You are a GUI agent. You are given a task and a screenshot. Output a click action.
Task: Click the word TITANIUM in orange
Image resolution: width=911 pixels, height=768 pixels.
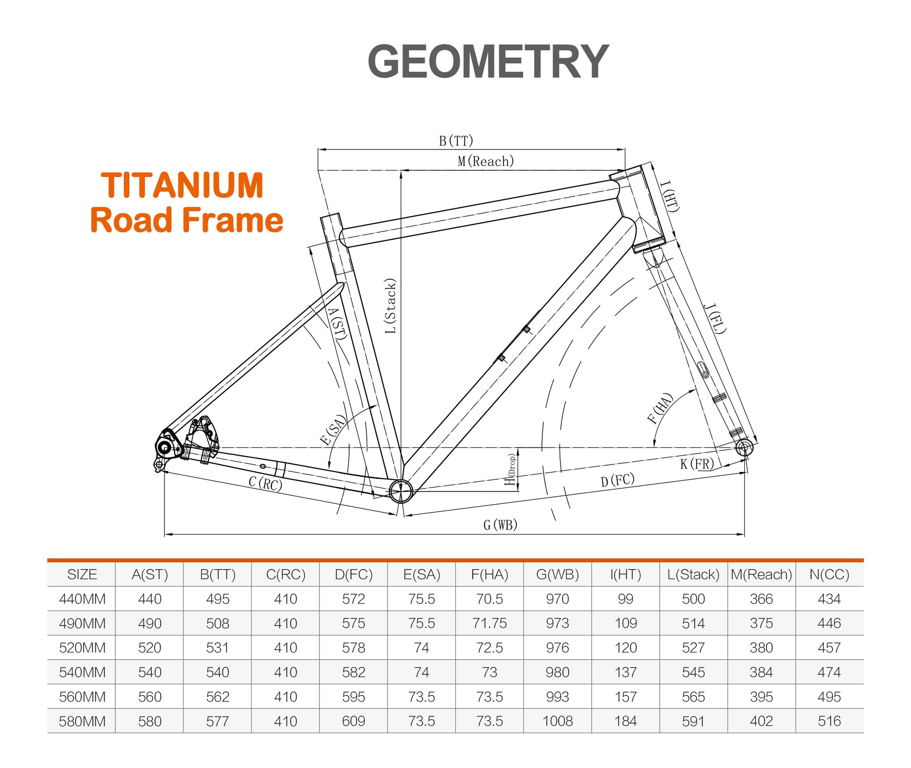[x=182, y=185]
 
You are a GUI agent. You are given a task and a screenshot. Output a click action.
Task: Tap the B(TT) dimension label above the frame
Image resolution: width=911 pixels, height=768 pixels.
[x=456, y=141]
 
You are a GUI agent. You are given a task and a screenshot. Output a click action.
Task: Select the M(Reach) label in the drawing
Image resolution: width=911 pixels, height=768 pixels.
[x=486, y=161]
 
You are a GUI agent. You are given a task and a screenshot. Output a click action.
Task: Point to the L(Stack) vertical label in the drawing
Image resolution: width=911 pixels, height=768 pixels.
[x=390, y=306]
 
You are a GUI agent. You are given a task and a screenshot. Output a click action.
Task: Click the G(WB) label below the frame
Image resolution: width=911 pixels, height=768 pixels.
[x=500, y=525]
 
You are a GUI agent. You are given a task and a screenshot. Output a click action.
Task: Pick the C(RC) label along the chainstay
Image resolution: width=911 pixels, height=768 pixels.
[x=266, y=483]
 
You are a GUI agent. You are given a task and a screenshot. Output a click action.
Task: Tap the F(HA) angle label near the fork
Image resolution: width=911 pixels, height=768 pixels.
[x=660, y=408]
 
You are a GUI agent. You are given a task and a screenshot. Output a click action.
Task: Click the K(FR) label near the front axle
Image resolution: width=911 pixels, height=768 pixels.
[x=697, y=464]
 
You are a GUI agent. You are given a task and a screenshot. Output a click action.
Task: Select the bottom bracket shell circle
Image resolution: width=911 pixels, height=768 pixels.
[x=401, y=491]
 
